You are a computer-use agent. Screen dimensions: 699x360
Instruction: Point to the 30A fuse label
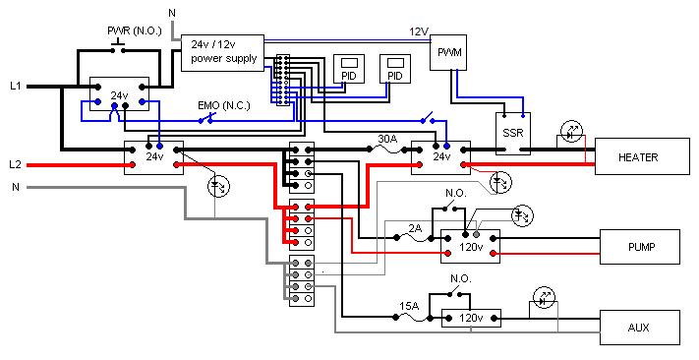(x=387, y=140)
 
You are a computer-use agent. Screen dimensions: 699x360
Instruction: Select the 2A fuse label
(x=415, y=228)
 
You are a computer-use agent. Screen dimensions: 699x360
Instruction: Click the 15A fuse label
(x=409, y=306)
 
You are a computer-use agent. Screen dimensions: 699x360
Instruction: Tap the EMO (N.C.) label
(x=224, y=106)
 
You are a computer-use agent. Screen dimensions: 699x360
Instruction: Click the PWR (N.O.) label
(x=134, y=31)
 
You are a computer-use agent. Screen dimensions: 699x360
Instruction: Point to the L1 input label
(x=16, y=87)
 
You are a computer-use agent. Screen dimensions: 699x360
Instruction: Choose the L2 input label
(x=16, y=164)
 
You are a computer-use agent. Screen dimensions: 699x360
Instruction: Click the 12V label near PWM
(x=419, y=31)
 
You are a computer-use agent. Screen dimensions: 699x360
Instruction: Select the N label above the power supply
(x=172, y=13)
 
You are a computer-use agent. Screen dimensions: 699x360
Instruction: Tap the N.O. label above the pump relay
(x=455, y=194)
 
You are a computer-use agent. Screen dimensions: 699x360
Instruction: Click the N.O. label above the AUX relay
(x=460, y=278)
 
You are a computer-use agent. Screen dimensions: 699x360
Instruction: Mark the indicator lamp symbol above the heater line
(x=571, y=133)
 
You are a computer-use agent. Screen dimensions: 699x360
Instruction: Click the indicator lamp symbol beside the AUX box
(x=545, y=300)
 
